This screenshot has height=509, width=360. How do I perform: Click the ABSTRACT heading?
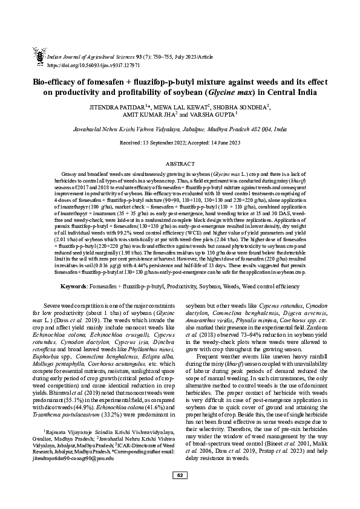tap(180, 163)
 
